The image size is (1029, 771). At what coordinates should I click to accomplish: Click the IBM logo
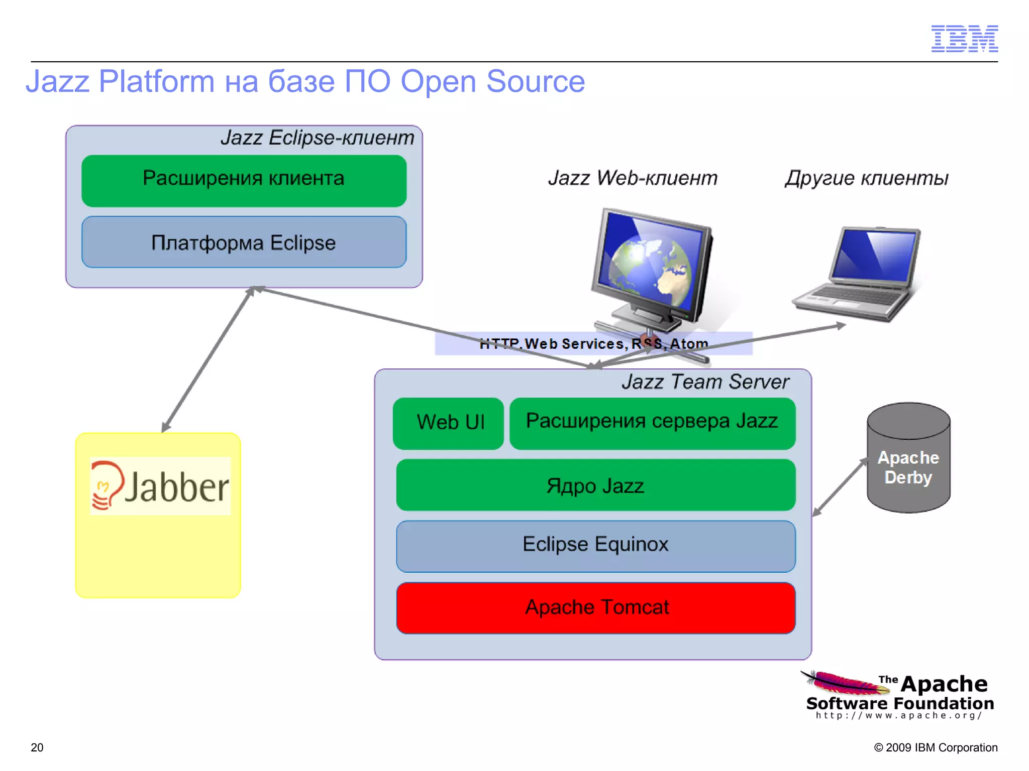(x=964, y=39)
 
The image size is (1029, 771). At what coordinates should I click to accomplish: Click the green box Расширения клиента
(x=244, y=180)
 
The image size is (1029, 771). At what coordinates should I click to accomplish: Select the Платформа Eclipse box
(x=244, y=242)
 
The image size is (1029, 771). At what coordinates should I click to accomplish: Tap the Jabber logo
(x=160, y=486)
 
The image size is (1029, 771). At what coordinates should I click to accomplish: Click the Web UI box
(x=448, y=423)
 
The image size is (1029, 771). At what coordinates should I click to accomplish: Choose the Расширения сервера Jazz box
(x=652, y=423)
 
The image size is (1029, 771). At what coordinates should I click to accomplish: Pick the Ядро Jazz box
(x=595, y=485)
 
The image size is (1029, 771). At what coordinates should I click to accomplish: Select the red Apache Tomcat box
(x=595, y=608)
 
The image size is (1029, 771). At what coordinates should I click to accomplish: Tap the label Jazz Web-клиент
(x=633, y=178)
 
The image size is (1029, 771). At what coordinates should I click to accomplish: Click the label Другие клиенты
(x=866, y=178)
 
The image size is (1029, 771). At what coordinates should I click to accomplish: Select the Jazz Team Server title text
(x=705, y=382)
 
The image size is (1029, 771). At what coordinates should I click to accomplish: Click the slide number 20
(x=37, y=747)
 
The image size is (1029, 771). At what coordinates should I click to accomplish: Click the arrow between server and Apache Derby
(x=840, y=488)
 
